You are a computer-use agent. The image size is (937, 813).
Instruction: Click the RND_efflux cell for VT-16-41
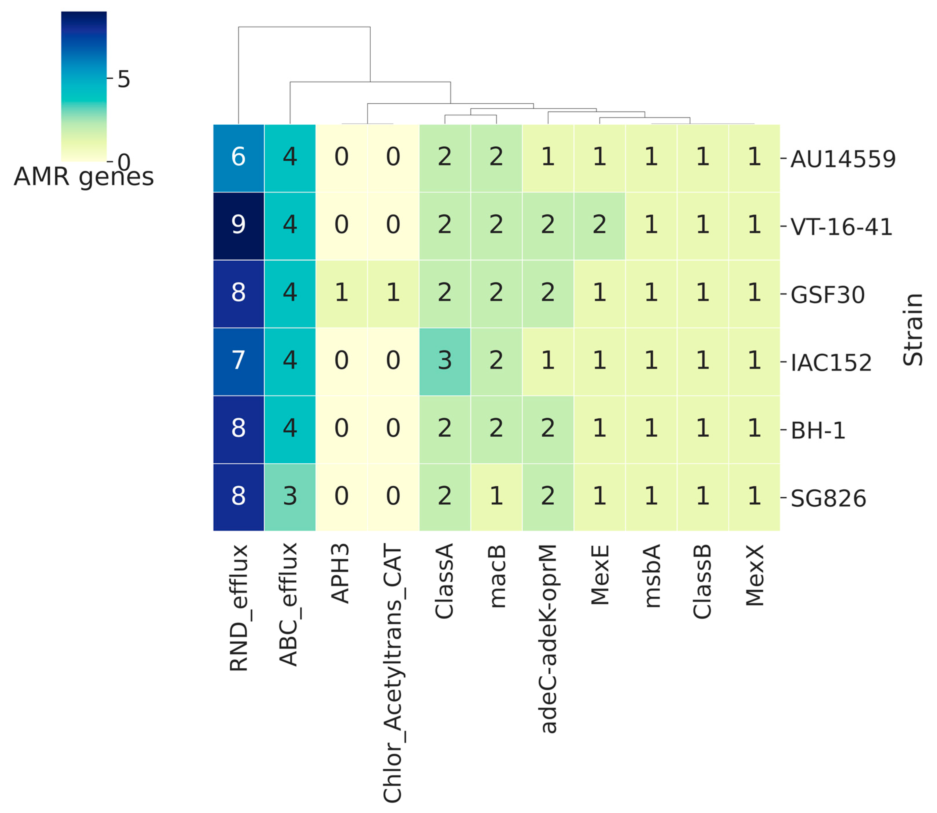point(238,225)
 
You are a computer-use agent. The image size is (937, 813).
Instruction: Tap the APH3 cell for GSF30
point(341,294)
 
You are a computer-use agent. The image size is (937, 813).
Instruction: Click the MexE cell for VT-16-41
point(599,225)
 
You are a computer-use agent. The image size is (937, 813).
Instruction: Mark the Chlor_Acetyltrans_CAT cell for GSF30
point(393,294)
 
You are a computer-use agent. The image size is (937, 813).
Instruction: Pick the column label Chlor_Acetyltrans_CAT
point(393,673)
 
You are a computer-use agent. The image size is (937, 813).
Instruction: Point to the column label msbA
point(652,576)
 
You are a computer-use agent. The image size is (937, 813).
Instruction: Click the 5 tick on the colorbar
point(123,79)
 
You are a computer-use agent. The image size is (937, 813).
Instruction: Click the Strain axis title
point(912,330)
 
